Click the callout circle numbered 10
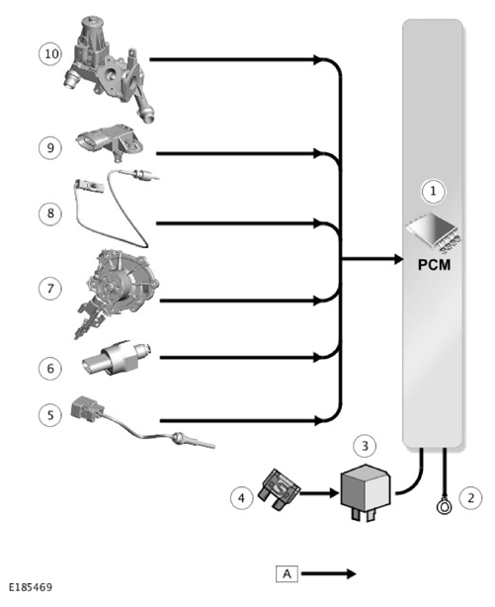pos(50,53)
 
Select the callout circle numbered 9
pos(50,147)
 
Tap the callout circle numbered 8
pos(50,214)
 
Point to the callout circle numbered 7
pos(50,289)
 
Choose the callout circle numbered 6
pos(50,369)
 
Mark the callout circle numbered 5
pos(50,415)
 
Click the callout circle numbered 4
pos(241,497)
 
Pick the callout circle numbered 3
pos(365,446)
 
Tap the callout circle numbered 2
pos(471,497)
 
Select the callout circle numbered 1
pos(433,191)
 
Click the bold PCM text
pos(435,265)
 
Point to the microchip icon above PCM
pos(434,231)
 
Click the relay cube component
pos(365,492)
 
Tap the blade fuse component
pos(281,489)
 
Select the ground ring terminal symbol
pos(444,505)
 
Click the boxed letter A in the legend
pos(287,573)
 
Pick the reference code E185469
pos(31,587)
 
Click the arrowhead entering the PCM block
pos(398,259)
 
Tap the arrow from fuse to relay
pos(319,493)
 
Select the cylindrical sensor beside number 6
pos(117,357)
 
